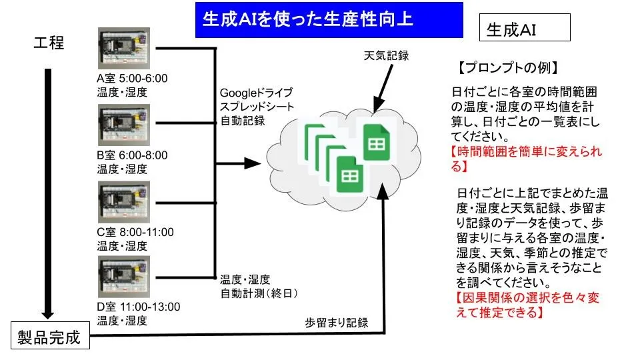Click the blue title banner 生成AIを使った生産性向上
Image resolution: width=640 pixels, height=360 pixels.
[329, 20]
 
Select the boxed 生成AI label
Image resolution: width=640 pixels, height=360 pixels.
[525, 29]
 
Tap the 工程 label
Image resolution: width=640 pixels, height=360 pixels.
[49, 43]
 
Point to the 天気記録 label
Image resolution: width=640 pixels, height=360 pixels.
[386, 55]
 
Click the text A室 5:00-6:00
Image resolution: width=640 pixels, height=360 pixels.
[132, 78]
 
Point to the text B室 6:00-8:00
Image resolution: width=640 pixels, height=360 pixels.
[132, 155]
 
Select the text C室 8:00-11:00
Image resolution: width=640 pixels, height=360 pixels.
[135, 232]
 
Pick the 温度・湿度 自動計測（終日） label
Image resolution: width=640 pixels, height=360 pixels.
[258, 286]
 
